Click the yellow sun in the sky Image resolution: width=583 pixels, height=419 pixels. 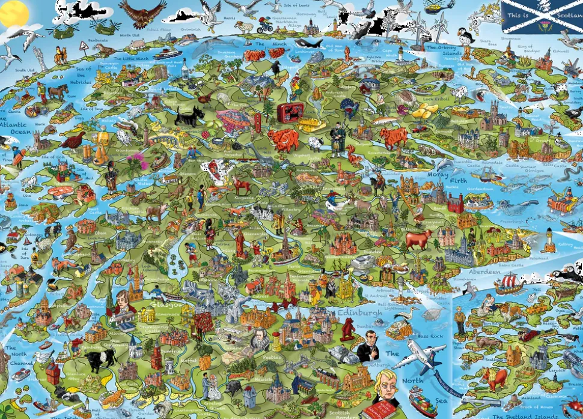point(13,12)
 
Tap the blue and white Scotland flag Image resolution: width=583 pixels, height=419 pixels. point(541,16)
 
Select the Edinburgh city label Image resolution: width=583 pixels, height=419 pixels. point(359,313)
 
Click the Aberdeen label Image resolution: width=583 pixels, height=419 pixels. point(484,271)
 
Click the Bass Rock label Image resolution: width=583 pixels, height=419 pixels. point(430,336)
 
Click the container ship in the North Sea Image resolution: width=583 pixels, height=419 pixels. point(423,400)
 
